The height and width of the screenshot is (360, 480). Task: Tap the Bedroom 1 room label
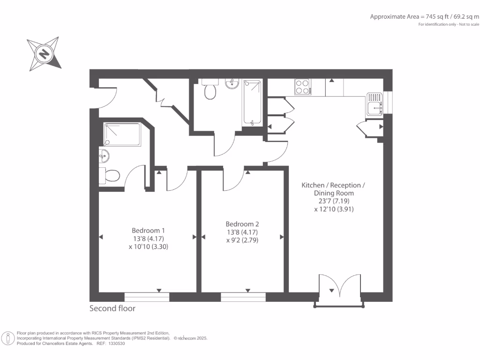click(x=148, y=231)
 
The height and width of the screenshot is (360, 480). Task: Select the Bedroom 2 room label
click(x=242, y=224)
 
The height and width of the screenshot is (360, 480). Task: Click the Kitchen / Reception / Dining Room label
click(x=333, y=189)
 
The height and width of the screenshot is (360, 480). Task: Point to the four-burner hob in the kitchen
click(x=303, y=87)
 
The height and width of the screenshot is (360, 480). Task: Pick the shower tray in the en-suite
click(x=121, y=135)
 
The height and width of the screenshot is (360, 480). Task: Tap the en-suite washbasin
click(x=103, y=156)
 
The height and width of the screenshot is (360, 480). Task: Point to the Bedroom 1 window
click(x=147, y=297)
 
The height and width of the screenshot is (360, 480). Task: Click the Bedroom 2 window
click(x=243, y=297)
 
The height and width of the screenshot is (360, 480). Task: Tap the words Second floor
click(x=112, y=308)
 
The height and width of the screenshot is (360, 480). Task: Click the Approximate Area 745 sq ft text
click(x=424, y=16)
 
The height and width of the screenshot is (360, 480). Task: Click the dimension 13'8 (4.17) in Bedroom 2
click(x=242, y=232)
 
